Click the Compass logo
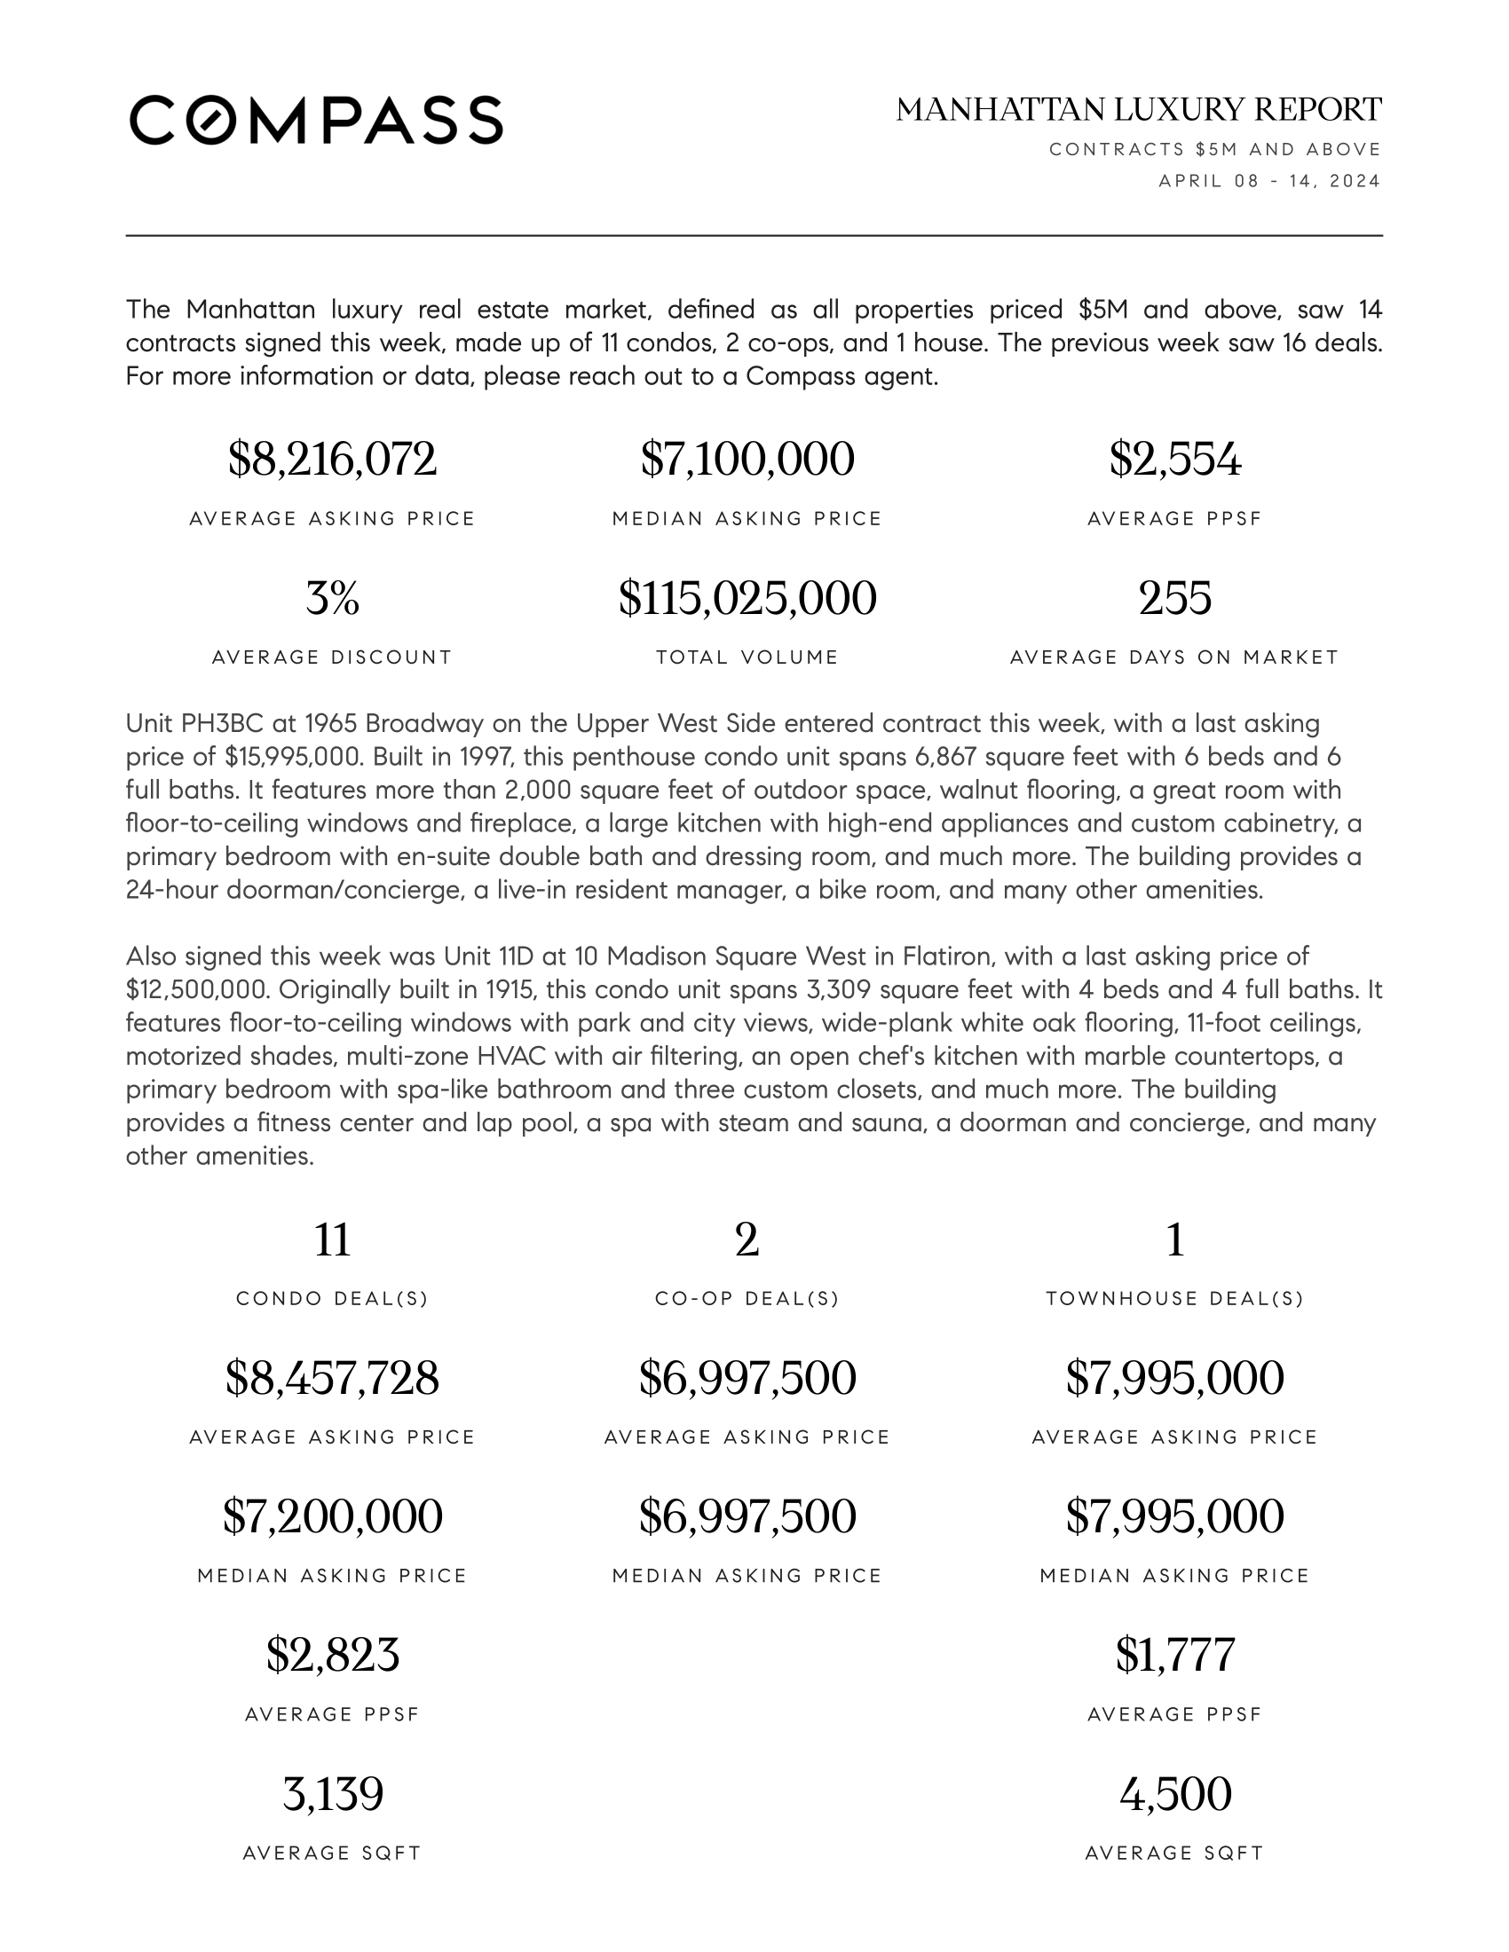click(316, 120)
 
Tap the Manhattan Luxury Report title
click(1139, 110)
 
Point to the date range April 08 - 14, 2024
click(1269, 181)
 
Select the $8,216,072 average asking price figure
click(332, 460)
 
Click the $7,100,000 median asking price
click(747, 460)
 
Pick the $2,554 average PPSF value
click(1174, 460)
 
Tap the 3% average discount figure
click(332, 598)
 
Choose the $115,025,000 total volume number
click(747, 598)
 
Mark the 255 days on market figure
click(1174, 598)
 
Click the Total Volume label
click(747, 657)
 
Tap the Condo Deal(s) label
click(332, 1299)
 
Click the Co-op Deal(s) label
click(747, 1299)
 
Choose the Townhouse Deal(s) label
click(1174, 1299)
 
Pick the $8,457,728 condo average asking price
click(332, 1377)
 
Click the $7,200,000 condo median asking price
click(332, 1515)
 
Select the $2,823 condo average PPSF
click(332, 1655)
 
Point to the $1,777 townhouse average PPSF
click(1174, 1655)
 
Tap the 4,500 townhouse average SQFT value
click(1174, 1794)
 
